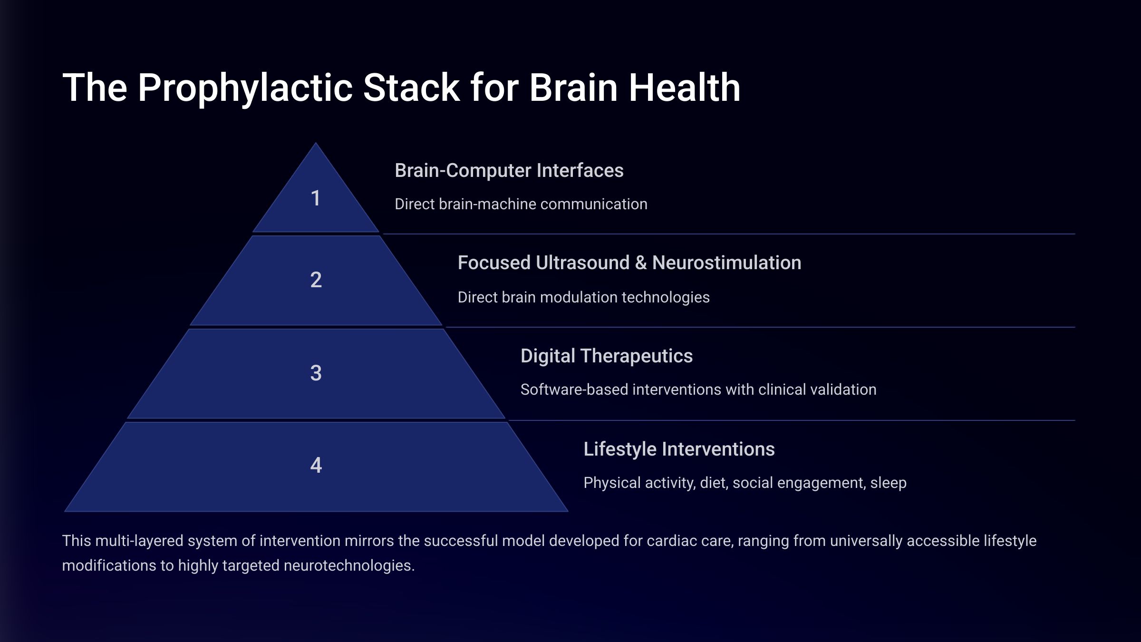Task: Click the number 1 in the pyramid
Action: tap(316, 198)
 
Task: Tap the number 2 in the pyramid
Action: tap(316, 280)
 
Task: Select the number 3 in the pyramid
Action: tap(316, 373)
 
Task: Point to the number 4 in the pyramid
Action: tap(316, 465)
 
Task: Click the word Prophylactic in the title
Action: tap(245, 88)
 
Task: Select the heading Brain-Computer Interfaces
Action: tap(509, 170)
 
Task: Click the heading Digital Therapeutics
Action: tap(606, 356)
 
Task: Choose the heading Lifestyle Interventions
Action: tap(679, 449)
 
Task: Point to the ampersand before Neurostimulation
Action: tap(640, 263)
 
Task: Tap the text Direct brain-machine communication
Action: tap(521, 204)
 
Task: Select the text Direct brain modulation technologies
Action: tap(583, 297)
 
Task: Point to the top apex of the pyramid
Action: tap(316, 143)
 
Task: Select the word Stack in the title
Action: tap(412, 88)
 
